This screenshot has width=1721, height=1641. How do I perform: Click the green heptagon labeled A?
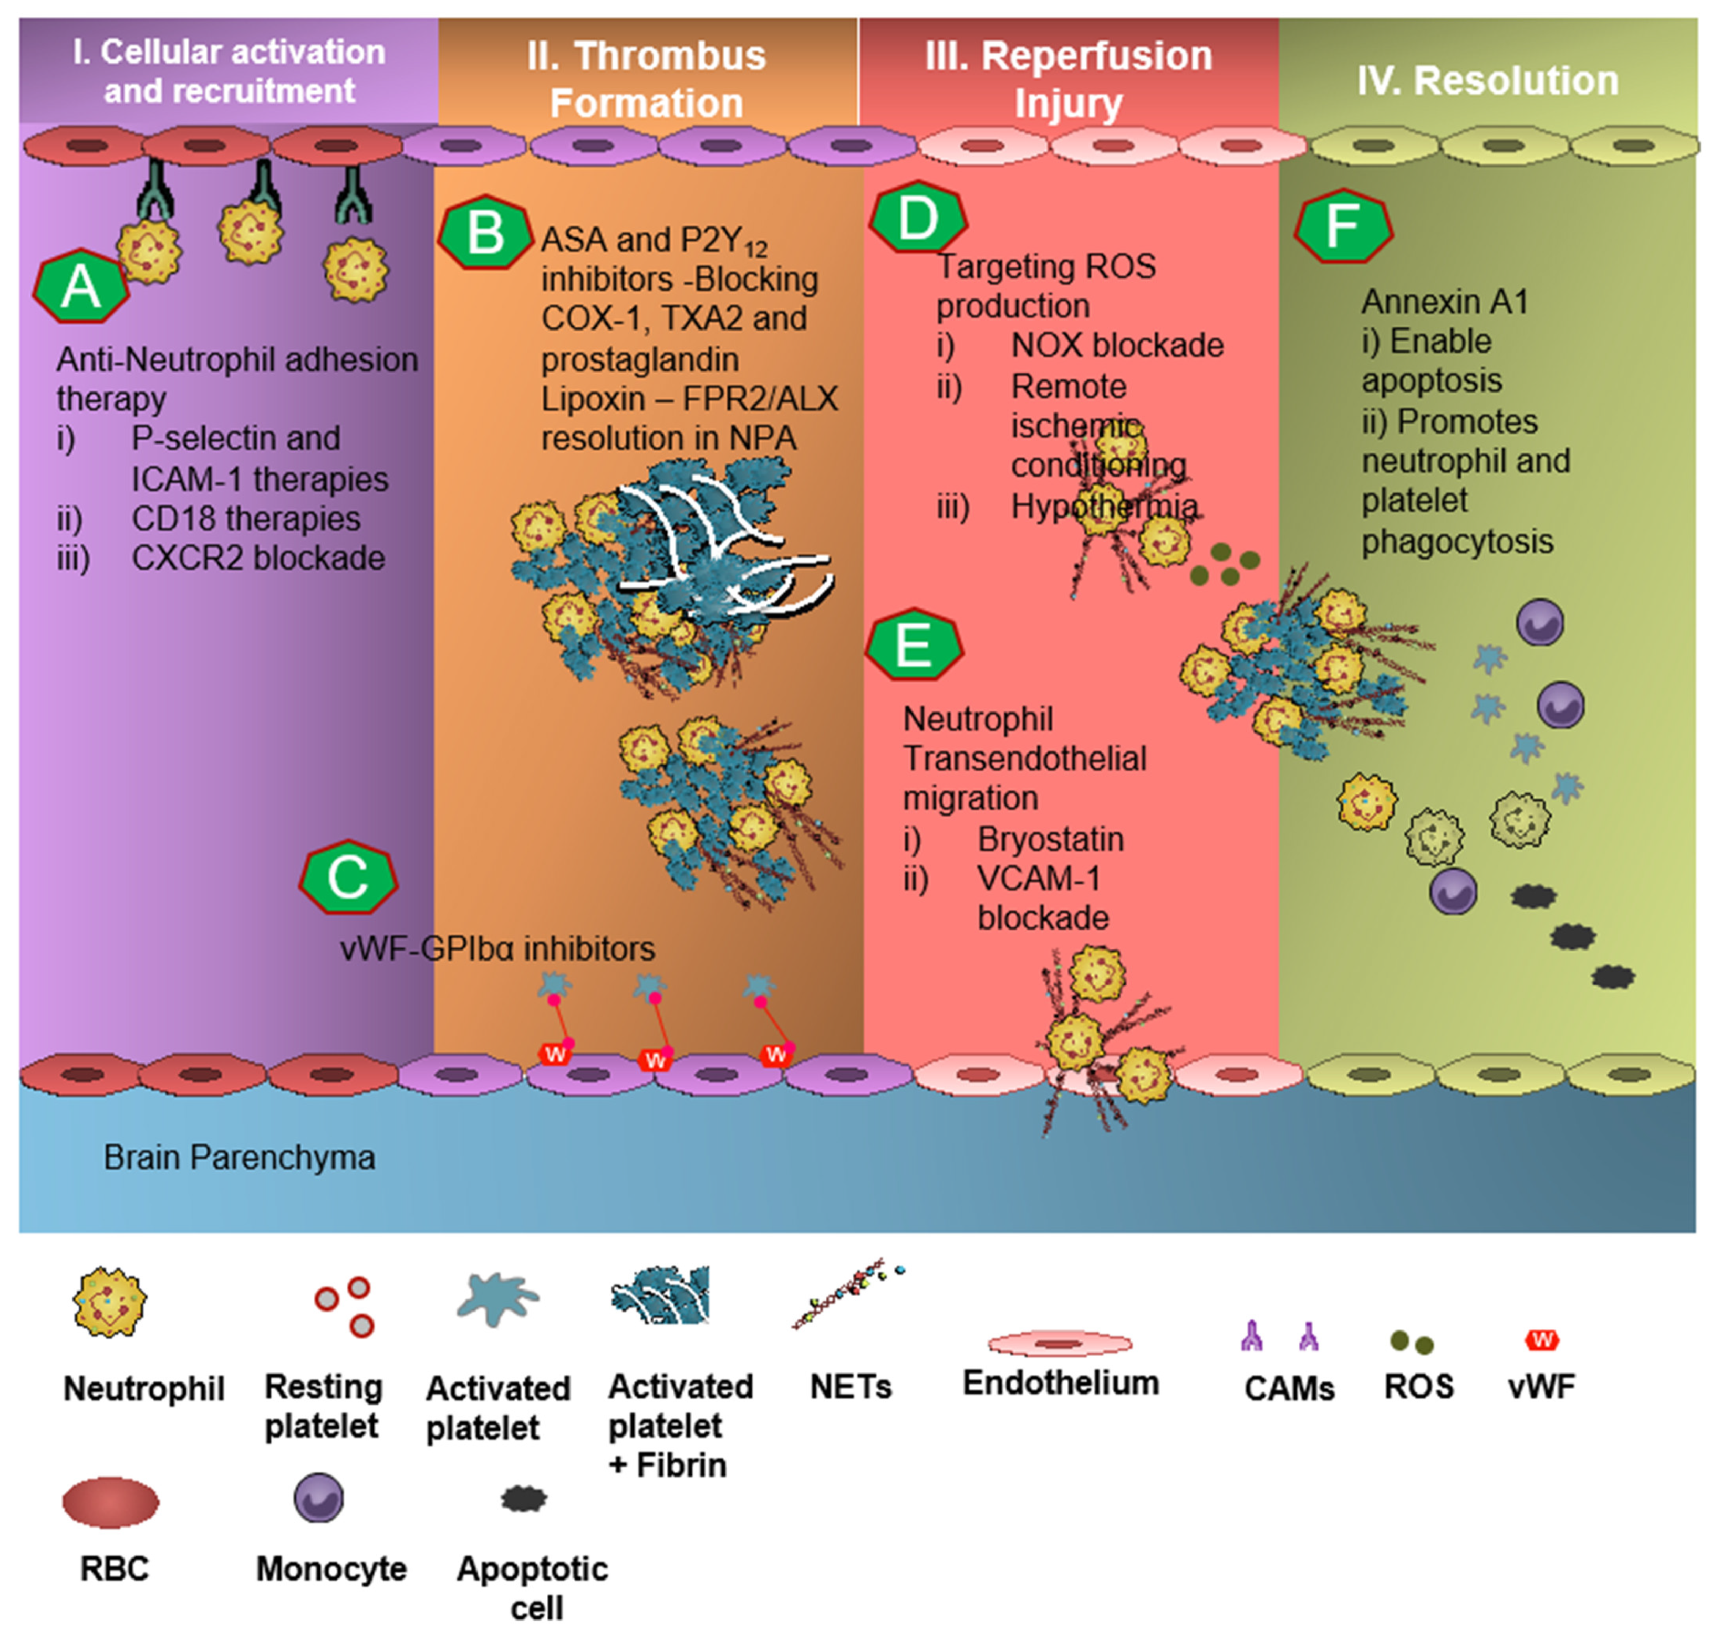click(81, 286)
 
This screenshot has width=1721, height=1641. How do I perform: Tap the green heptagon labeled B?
click(485, 233)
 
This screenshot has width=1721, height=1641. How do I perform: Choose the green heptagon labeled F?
click(1342, 225)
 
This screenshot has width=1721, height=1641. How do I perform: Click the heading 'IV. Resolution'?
click(1487, 80)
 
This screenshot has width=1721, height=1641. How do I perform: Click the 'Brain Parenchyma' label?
click(239, 1157)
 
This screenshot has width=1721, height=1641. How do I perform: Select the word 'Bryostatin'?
click(1050, 838)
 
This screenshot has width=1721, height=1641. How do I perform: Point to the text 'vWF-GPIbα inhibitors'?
click(497, 948)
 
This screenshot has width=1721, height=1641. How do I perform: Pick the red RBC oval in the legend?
click(111, 1502)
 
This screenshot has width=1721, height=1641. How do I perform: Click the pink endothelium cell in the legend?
click(1060, 1342)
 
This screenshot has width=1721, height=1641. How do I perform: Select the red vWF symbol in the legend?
click(1542, 1339)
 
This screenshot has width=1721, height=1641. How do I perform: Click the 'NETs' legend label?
click(850, 1387)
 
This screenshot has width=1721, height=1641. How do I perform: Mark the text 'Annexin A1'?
click(1445, 301)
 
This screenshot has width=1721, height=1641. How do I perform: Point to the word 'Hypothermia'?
click(1104, 505)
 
